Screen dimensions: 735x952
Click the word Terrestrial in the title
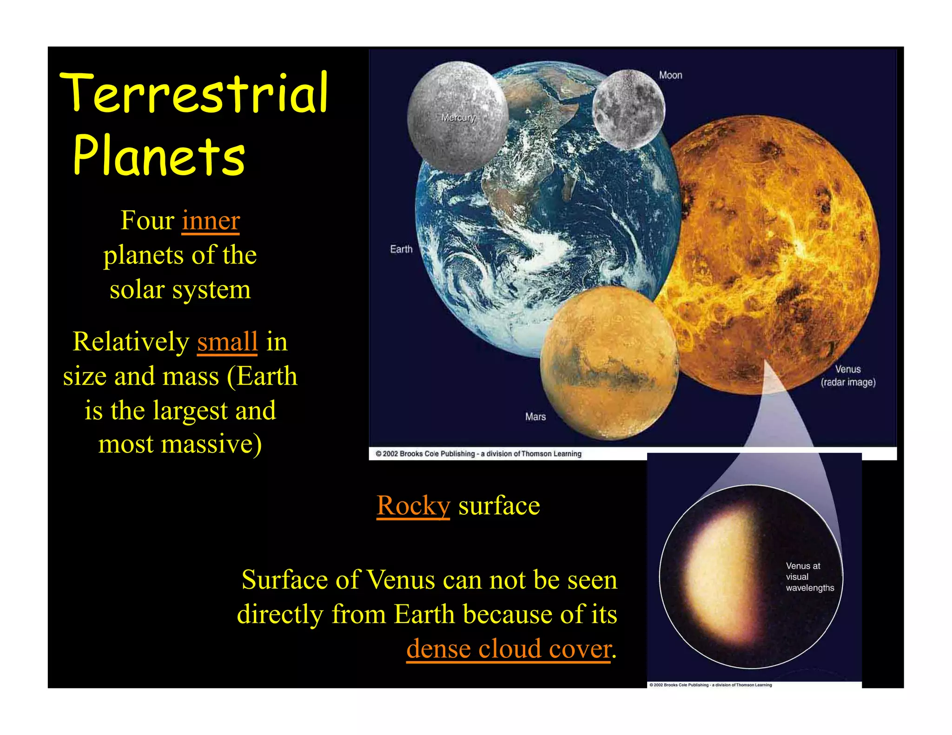(x=194, y=93)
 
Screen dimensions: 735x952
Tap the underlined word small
(x=227, y=341)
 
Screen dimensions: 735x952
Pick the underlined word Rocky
(x=413, y=505)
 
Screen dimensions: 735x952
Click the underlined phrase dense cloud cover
(x=509, y=649)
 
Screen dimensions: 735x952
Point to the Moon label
(x=670, y=75)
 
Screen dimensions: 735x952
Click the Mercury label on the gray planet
(x=458, y=118)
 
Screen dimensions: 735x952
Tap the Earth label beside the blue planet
(x=401, y=249)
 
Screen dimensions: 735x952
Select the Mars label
(x=535, y=417)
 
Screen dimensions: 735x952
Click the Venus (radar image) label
(x=848, y=376)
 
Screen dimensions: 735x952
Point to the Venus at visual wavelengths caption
(x=809, y=577)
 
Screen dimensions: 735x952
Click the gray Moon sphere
(x=628, y=110)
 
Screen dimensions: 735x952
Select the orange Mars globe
(x=609, y=362)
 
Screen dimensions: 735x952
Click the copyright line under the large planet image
(x=478, y=454)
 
